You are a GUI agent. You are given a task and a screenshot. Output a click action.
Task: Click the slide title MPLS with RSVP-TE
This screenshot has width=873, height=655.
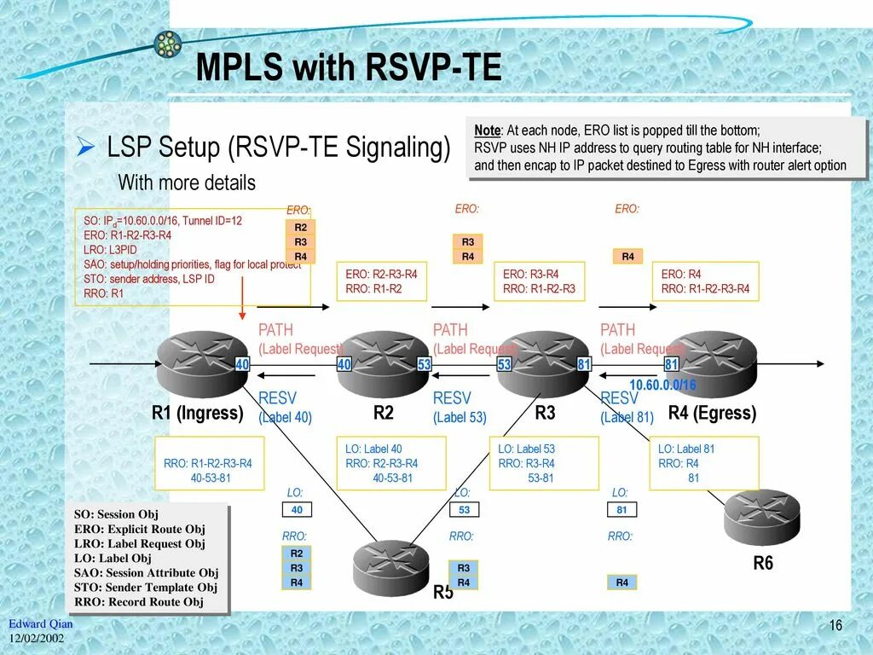[349, 68]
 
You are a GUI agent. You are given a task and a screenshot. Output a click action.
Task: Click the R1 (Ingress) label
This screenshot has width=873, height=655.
[197, 414]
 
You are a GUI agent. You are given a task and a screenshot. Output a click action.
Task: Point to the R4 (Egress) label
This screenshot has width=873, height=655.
[712, 414]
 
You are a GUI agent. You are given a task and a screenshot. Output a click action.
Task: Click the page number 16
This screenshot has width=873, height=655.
[835, 626]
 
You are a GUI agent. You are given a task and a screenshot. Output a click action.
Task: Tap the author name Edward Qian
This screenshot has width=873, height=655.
[41, 623]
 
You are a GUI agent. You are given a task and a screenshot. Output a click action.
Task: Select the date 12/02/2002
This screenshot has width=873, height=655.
[38, 639]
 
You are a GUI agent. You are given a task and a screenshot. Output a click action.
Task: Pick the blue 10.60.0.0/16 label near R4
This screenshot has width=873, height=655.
[662, 385]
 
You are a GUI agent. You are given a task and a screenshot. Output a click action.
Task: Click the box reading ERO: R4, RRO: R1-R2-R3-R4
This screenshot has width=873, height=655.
[704, 281]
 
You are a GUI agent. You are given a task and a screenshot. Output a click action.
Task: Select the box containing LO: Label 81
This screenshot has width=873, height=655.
[703, 463]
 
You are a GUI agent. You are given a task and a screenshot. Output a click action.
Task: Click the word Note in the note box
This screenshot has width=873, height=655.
[487, 130]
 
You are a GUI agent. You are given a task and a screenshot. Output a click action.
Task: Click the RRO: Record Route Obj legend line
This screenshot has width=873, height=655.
[139, 601]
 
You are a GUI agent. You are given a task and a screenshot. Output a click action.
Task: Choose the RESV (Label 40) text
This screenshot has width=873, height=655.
[285, 408]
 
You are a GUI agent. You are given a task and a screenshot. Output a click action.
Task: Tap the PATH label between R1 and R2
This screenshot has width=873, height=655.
[275, 330]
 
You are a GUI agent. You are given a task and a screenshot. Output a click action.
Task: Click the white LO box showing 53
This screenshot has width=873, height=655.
[464, 510]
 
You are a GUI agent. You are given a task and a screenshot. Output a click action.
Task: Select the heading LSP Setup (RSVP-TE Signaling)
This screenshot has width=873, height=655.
[278, 148]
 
